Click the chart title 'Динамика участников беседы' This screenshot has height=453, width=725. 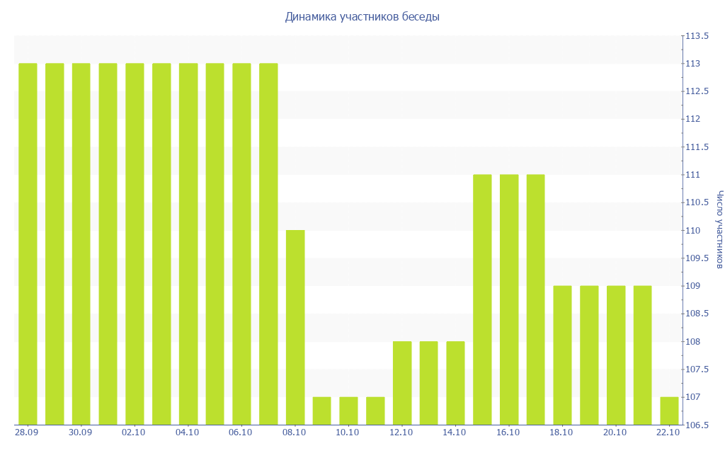pyautogui.click(x=362, y=16)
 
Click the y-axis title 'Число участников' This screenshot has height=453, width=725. pyautogui.click(x=719, y=229)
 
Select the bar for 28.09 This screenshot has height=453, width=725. pyautogui.click(x=28, y=244)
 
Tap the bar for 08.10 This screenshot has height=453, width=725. pyautogui.click(x=295, y=327)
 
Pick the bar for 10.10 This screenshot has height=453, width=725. pyautogui.click(x=348, y=411)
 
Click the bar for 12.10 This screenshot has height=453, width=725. pyautogui.click(x=402, y=383)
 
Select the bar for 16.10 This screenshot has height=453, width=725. pyautogui.click(x=509, y=299)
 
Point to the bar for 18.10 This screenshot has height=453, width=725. pyautogui.click(x=562, y=355)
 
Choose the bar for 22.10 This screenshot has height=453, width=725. pyautogui.click(x=669, y=411)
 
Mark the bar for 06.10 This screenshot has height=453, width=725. pyautogui.click(x=241, y=244)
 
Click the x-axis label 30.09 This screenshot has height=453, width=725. pyautogui.click(x=81, y=432)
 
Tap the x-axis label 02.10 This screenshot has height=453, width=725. pyautogui.click(x=134, y=432)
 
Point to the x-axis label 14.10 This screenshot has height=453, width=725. pyautogui.click(x=455, y=432)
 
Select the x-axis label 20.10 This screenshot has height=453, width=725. pyautogui.click(x=615, y=432)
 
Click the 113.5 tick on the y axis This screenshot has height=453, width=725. pyautogui.click(x=696, y=36)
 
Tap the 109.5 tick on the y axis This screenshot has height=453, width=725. pyautogui.click(x=696, y=258)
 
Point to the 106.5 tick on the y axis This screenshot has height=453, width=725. pyautogui.click(x=696, y=425)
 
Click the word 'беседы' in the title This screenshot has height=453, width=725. pyautogui.click(x=420, y=16)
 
